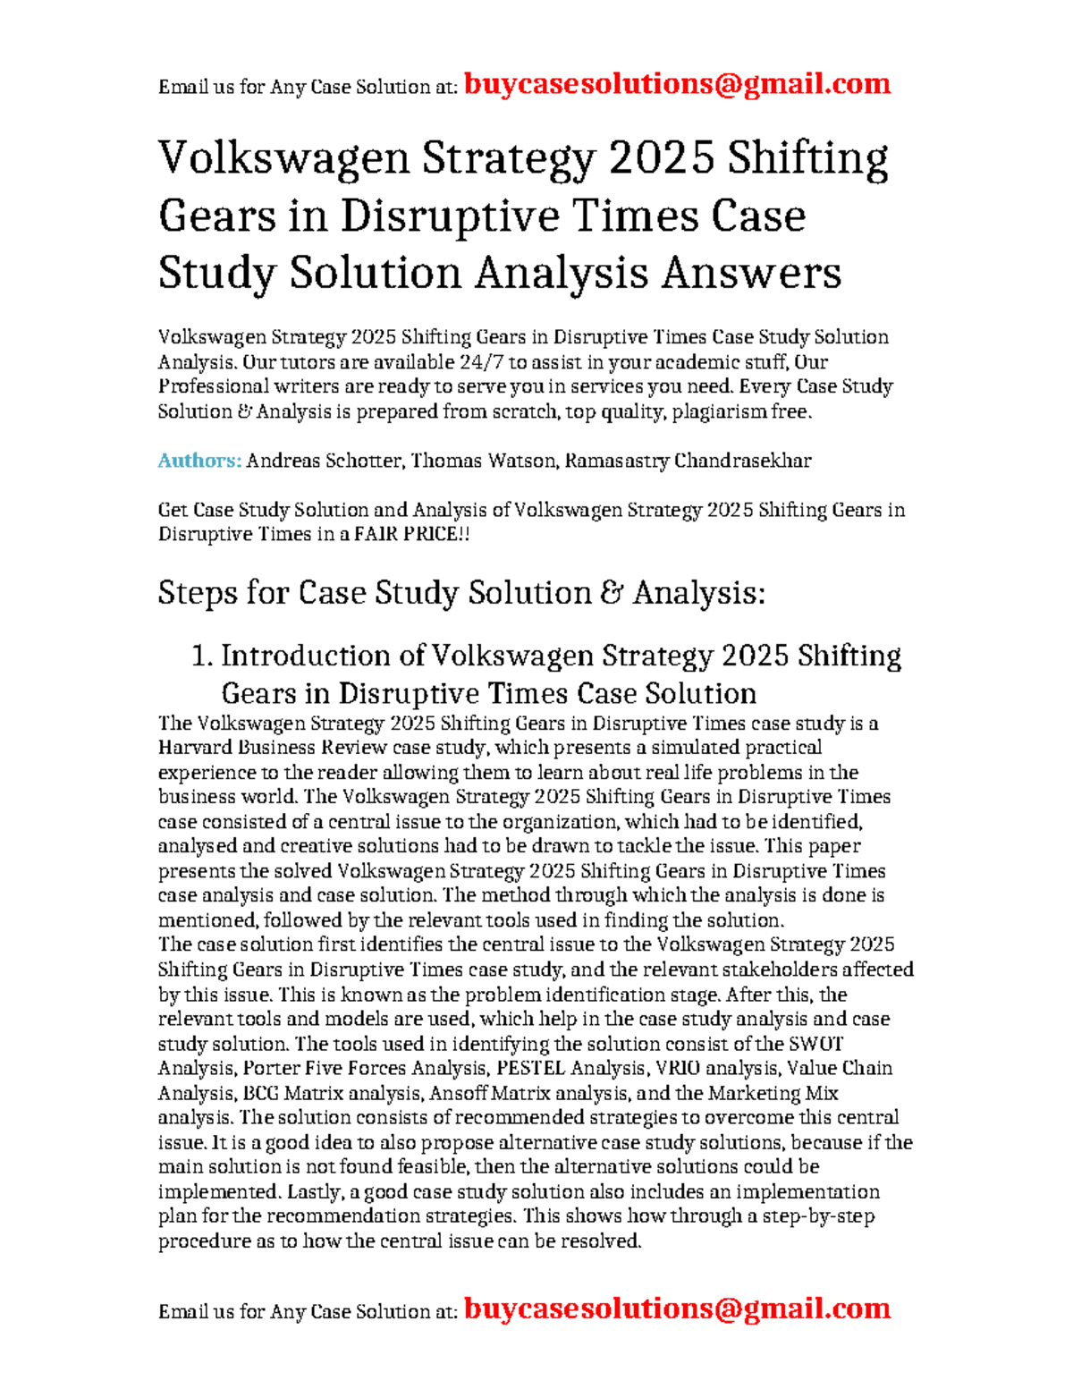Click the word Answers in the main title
tap(751, 273)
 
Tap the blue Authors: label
tap(199, 461)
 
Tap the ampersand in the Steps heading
tap(612, 593)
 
